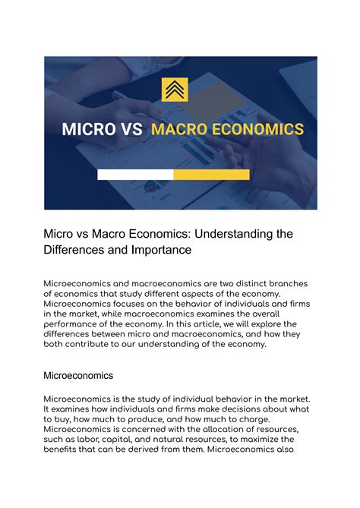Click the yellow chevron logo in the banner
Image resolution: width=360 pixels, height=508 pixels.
click(x=179, y=90)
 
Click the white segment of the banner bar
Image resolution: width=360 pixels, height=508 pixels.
click(x=135, y=175)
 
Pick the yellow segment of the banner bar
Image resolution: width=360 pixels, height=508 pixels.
click(x=211, y=175)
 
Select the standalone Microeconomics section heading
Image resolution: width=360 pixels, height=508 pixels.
click(x=79, y=375)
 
